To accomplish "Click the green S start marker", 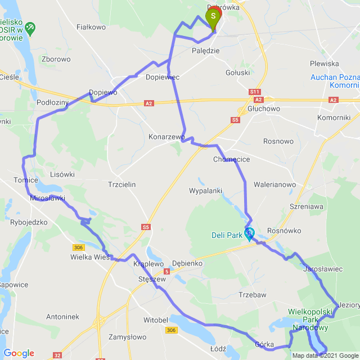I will pyautogui.click(x=213, y=17).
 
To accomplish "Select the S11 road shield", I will pyautogui.click(x=255, y=91).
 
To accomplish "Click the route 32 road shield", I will pyautogui.click(x=58, y=355).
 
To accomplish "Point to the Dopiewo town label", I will pyautogui.click(x=103, y=92).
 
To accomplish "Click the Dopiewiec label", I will pyautogui.click(x=162, y=77).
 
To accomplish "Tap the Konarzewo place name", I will pyautogui.click(x=166, y=137).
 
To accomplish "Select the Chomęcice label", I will pyautogui.click(x=231, y=160).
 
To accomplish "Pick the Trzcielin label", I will pyautogui.click(x=121, y=184).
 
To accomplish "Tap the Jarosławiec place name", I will pyautogui.click(x=322, y=269).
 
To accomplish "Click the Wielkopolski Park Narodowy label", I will pyautogui.click(x=311, y=318).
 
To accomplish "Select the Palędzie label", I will pyautogui.click(x=205, y=51).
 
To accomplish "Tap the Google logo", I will pyautogui.click(x=19, y=353).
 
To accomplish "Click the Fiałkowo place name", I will pyautogui.click(x=91, y=26).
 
